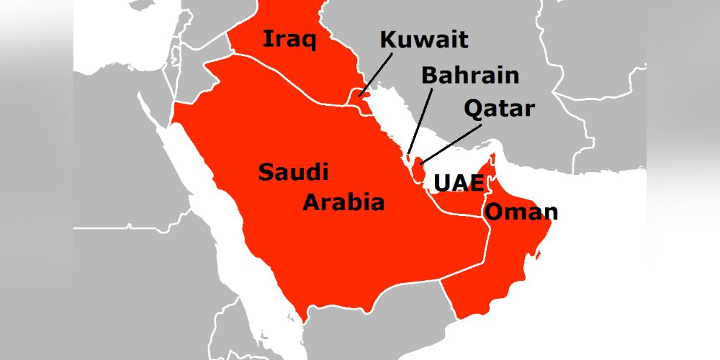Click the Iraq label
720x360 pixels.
[289, 39]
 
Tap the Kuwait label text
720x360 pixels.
[423, 40]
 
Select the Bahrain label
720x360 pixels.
[470, 75]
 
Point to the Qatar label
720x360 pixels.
[499, 109]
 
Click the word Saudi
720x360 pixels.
[293, 173]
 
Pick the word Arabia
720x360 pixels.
[343, 202]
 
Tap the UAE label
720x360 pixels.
[458, 183]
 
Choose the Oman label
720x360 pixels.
[521, 212]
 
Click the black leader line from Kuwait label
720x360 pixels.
[377, 73]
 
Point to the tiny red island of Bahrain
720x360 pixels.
[409, 156]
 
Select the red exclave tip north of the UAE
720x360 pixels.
[493, 158]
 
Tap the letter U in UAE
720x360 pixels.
[441, 183]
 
